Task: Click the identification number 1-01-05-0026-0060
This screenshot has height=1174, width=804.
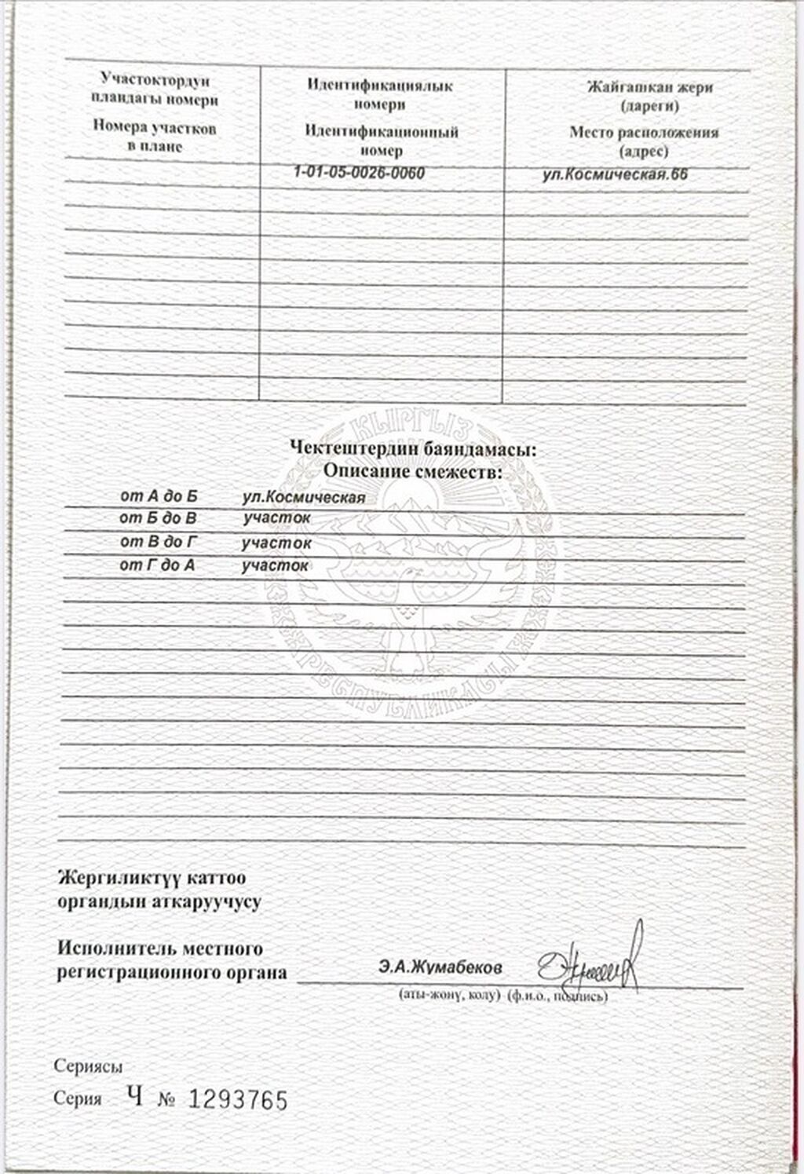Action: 359,173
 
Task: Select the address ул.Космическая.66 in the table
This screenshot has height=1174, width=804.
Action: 615,174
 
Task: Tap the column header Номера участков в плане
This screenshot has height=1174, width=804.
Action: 154,137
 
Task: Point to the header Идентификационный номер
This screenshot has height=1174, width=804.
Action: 382,141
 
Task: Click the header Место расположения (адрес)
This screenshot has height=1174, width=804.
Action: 644,141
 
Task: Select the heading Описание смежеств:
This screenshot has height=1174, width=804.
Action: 413,472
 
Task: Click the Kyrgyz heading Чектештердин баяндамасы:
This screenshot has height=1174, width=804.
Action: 413,449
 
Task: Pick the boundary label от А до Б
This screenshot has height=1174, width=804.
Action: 159,496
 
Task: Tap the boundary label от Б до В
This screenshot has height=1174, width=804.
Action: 158,518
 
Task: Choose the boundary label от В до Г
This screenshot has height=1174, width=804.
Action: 158,542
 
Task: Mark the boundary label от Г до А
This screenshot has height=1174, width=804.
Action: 157,565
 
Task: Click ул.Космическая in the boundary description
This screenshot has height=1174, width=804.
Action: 304,497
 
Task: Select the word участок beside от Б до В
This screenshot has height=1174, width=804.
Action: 276,518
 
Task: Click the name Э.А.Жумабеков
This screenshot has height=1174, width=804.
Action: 439,967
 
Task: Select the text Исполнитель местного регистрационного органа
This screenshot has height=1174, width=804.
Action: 171,961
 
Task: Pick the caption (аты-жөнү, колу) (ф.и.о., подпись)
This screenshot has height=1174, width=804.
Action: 503,997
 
